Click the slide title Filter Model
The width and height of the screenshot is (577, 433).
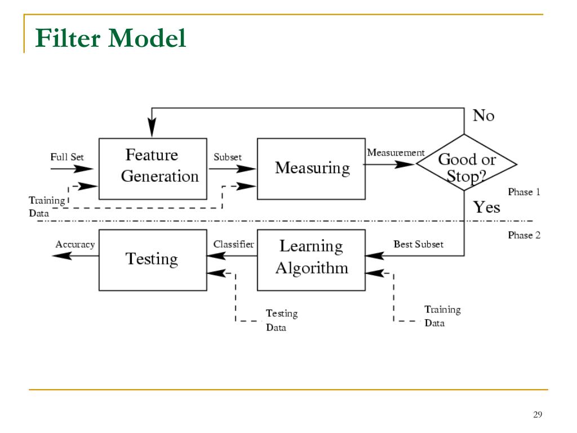tap(110, 38)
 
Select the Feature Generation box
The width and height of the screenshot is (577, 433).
tap(153, 169)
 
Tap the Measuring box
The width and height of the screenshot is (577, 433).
tap(311, 169)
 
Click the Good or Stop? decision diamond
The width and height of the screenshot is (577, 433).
tap(466, 163)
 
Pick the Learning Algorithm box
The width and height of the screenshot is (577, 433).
tap(311, 260)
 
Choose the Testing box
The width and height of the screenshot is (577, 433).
tap(153, 260)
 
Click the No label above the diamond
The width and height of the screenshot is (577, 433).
tap(483, 116)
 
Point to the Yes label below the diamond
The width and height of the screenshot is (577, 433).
tap(486, 207)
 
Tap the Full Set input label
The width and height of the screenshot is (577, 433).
tap(67, 157)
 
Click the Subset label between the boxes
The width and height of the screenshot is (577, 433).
tap(228, 157)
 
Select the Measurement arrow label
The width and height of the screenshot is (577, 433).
tap(396, 152)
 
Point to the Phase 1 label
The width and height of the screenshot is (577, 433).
tap(524, 192)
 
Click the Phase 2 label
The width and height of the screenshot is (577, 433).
tap(524, 235)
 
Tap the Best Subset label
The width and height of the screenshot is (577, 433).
tap(419, 244)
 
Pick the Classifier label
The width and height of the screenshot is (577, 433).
tap(233, 244)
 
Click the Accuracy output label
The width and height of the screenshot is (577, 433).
tap(75, 245)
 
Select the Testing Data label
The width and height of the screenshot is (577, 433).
tap(282, 320)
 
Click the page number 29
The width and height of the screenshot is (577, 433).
tap(538, 414)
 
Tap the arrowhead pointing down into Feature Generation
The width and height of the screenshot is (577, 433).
tap(152, 127)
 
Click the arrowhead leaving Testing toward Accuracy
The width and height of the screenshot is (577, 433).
tap(62, 255)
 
